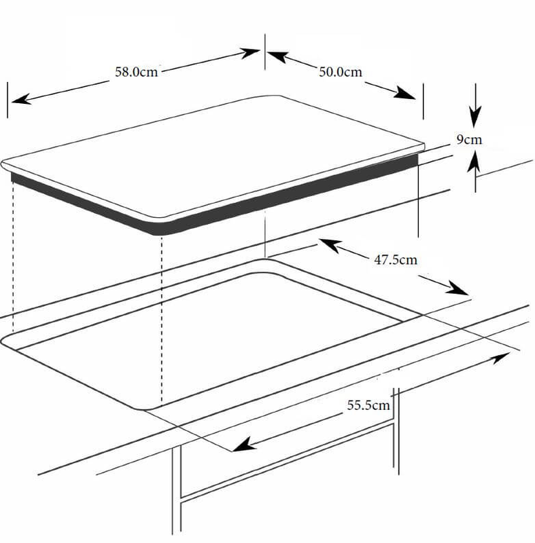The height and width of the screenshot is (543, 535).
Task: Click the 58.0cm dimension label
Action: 137,71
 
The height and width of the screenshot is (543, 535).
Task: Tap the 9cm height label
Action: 469,140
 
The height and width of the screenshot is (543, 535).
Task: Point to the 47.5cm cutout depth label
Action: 396,259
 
